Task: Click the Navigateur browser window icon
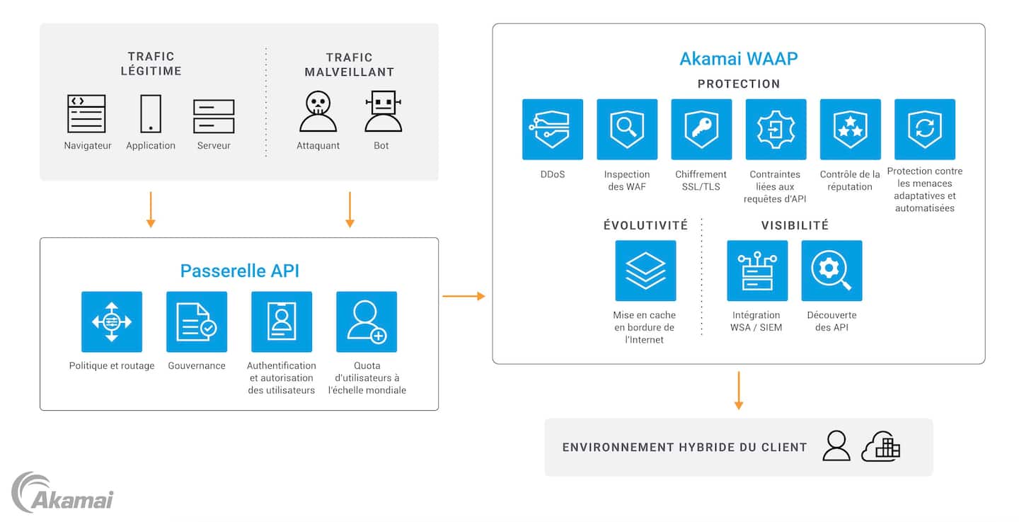[86, 114]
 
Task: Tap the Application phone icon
[150, 114]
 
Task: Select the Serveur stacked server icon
[214, 116]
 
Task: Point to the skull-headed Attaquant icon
[318, 113]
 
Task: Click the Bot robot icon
[383, 113]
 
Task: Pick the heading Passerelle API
[240, 271]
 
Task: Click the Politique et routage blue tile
[112, 322]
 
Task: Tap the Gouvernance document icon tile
[197, 322]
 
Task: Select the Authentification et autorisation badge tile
[282, 322]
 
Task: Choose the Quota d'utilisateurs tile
[367, 322]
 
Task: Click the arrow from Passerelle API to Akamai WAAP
[464, 296]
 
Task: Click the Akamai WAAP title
[738, 58]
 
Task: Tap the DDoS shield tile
[553, 129]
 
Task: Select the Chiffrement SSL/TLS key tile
[701, 129]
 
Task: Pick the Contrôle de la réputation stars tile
[850, 129]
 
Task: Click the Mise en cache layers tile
[645, 271]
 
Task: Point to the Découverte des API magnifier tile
[831, 271]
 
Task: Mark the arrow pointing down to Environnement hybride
[738, 390]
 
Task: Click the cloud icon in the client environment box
[881, 447]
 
